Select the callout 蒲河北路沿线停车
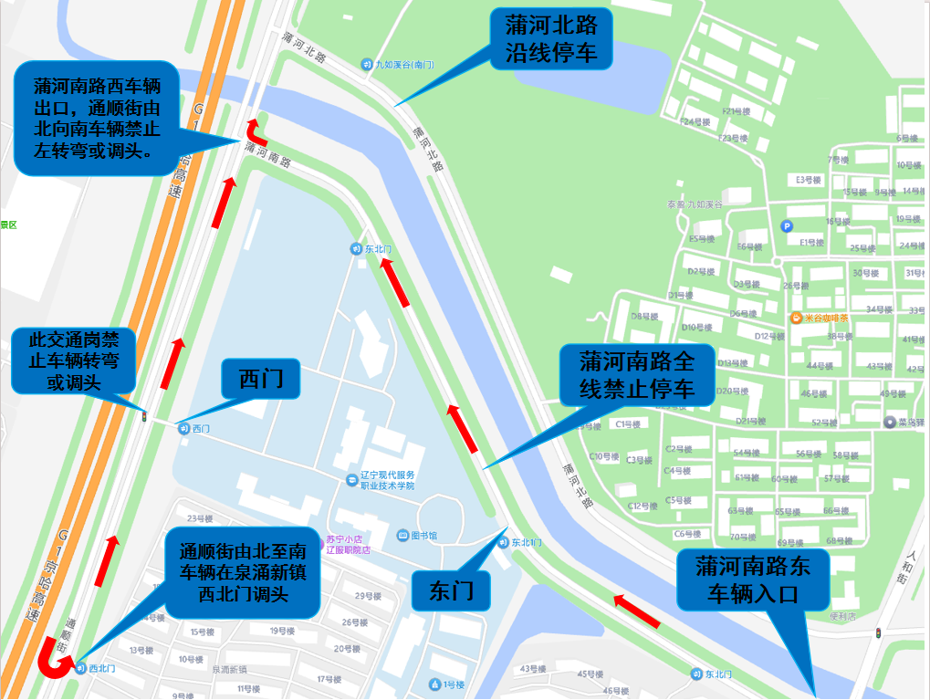tap(550, 38)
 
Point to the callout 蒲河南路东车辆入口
tap(752, 580)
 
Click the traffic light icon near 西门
tap(143, 416)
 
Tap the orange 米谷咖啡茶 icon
tap(797, 319)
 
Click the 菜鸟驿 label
tap(906, 423)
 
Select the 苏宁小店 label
tap(345, 538)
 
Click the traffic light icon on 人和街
tap(878, 632)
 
